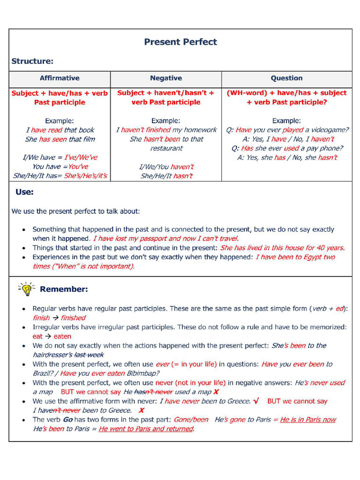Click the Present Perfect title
click(x=180, y=42)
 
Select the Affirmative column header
click(x=60, y=78)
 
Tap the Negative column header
click(x=166, y=78)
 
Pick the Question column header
click(x=286, y=78)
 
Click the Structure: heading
click(x=32, y=61)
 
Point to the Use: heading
click(x=24, y=192)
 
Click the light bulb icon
click(x=26, y=289)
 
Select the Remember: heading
click(x=64, y=289)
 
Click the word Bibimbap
click(x=142, y=374)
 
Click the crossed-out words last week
click(x=89, y=355)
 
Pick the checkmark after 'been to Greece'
click(x=256, y=401)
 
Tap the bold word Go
click(x=67, y=420)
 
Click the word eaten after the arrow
click(x=62, y=336)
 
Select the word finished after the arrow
click(x=73, y=318)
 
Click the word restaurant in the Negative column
click(x=166, y=148)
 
